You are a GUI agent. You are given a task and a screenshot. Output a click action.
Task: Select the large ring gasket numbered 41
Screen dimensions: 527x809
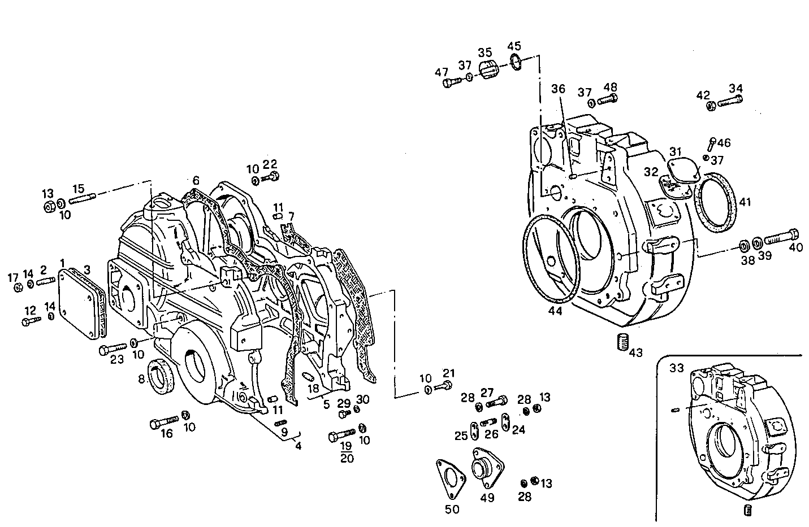point(716,202)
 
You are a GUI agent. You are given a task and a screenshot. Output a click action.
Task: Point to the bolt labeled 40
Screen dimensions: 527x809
point(781,237)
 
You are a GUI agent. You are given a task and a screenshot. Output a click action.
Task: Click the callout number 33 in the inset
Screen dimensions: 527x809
point(677,368)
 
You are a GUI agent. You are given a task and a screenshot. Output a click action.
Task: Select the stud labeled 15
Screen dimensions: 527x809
point(83,199)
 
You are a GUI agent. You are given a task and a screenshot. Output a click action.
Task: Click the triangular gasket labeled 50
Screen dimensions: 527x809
point(450,476)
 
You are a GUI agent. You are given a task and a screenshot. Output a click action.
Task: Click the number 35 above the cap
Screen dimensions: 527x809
point(485,53)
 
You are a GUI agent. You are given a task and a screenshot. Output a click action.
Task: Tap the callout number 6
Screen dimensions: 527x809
point(196,180)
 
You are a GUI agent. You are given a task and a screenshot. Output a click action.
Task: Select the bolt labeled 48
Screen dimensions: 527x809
point(607,101)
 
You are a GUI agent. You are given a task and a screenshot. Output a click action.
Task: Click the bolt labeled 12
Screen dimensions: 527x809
point(31,321)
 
